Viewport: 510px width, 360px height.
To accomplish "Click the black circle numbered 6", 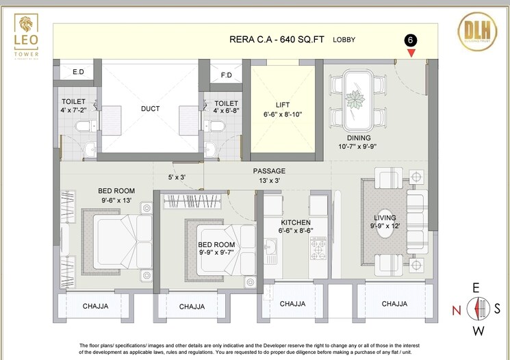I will coord(410,40).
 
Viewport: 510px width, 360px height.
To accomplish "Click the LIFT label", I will coord(283,105).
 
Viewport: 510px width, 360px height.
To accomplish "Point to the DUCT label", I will coord(151,108).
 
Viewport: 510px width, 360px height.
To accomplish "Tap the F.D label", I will coord(225,75).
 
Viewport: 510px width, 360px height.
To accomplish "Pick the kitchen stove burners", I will coord(318,251).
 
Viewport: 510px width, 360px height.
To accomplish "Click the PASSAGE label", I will coord(269,170).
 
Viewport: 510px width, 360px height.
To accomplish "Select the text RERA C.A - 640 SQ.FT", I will coord(277,40).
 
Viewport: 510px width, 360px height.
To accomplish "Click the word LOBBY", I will coord(344,40).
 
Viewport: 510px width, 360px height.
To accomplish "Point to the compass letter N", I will coord(456,309).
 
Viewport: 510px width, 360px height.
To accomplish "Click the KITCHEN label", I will coord(296,222).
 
